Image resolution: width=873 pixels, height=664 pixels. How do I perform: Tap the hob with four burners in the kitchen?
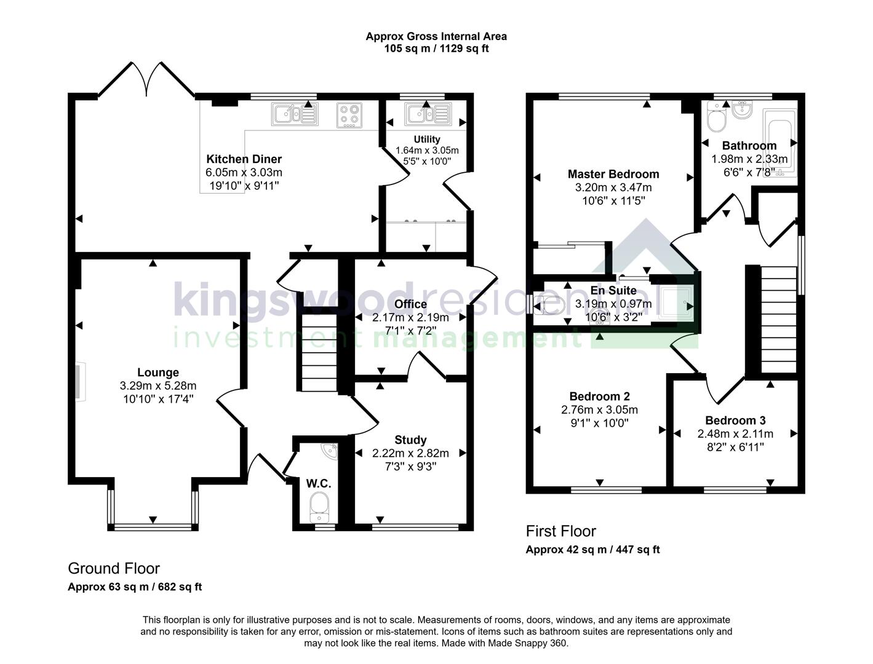pyautogui.click(x=349, y=114)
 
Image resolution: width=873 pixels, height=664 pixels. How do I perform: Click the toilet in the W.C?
pyautogui.click(x=319, y=508)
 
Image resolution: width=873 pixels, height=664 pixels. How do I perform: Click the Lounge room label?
pyautogui.click(x=158, y=373)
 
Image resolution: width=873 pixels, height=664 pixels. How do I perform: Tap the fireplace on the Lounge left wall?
pyautogui.click(x=80, y=382)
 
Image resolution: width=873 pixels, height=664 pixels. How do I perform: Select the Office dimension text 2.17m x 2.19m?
pyautogui.click(x=410, y=318)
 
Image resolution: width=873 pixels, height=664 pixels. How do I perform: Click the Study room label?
pyautogui.click(x=410, y=440)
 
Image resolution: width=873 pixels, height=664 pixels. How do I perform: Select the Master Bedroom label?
pyautogui.click(x=613, y=175)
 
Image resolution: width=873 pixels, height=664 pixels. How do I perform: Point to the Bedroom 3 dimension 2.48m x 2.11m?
pyautogui.click(x=735, y=434)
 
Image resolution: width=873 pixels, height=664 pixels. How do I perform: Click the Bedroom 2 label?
pyautogui.click(x=599, y=397)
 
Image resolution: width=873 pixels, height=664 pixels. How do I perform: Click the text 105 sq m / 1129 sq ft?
pyautogui.click(x=436, y=49)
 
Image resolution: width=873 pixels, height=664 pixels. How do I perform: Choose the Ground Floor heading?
pyautogui.click(x=114, y=568)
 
